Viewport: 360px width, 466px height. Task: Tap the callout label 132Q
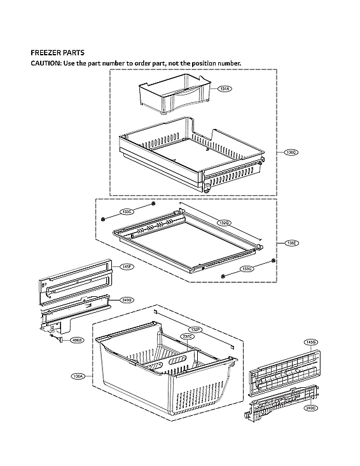pyautogui.click(x=223, y=223)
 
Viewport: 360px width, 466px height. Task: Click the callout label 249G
pyautogui.click(x=127, y=300)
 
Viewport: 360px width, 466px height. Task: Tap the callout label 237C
pyautogui.click(x=187, y=336)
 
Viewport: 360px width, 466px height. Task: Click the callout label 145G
pyautogui.click(x=310, y=342)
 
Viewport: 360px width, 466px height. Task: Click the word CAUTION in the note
pyautogui.click(x=47, y=64)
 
